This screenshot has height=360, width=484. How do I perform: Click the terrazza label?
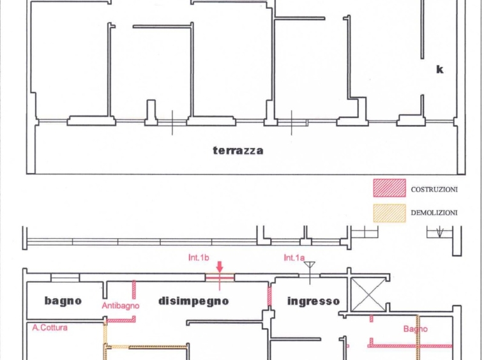238,151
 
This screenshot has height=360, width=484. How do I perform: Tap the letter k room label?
439,70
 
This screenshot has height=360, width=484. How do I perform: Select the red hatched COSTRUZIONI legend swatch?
389,188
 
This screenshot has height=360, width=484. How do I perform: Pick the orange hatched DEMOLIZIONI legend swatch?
389,213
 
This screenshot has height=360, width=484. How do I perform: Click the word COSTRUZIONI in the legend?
434,190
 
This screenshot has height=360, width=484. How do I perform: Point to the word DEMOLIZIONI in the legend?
434,213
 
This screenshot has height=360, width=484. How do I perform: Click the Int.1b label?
200,258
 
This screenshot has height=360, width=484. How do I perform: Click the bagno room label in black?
63,301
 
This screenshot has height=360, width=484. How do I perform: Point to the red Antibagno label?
121,306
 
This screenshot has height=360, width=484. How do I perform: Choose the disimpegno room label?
193,301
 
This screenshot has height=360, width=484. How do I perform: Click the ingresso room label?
313,301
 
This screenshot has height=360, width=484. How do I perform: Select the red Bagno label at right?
415,329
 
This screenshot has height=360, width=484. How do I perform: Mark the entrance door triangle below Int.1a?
310,265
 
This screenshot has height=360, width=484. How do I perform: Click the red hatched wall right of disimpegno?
269,296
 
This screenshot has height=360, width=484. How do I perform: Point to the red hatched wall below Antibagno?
121,319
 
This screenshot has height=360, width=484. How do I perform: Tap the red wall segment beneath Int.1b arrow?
219,278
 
